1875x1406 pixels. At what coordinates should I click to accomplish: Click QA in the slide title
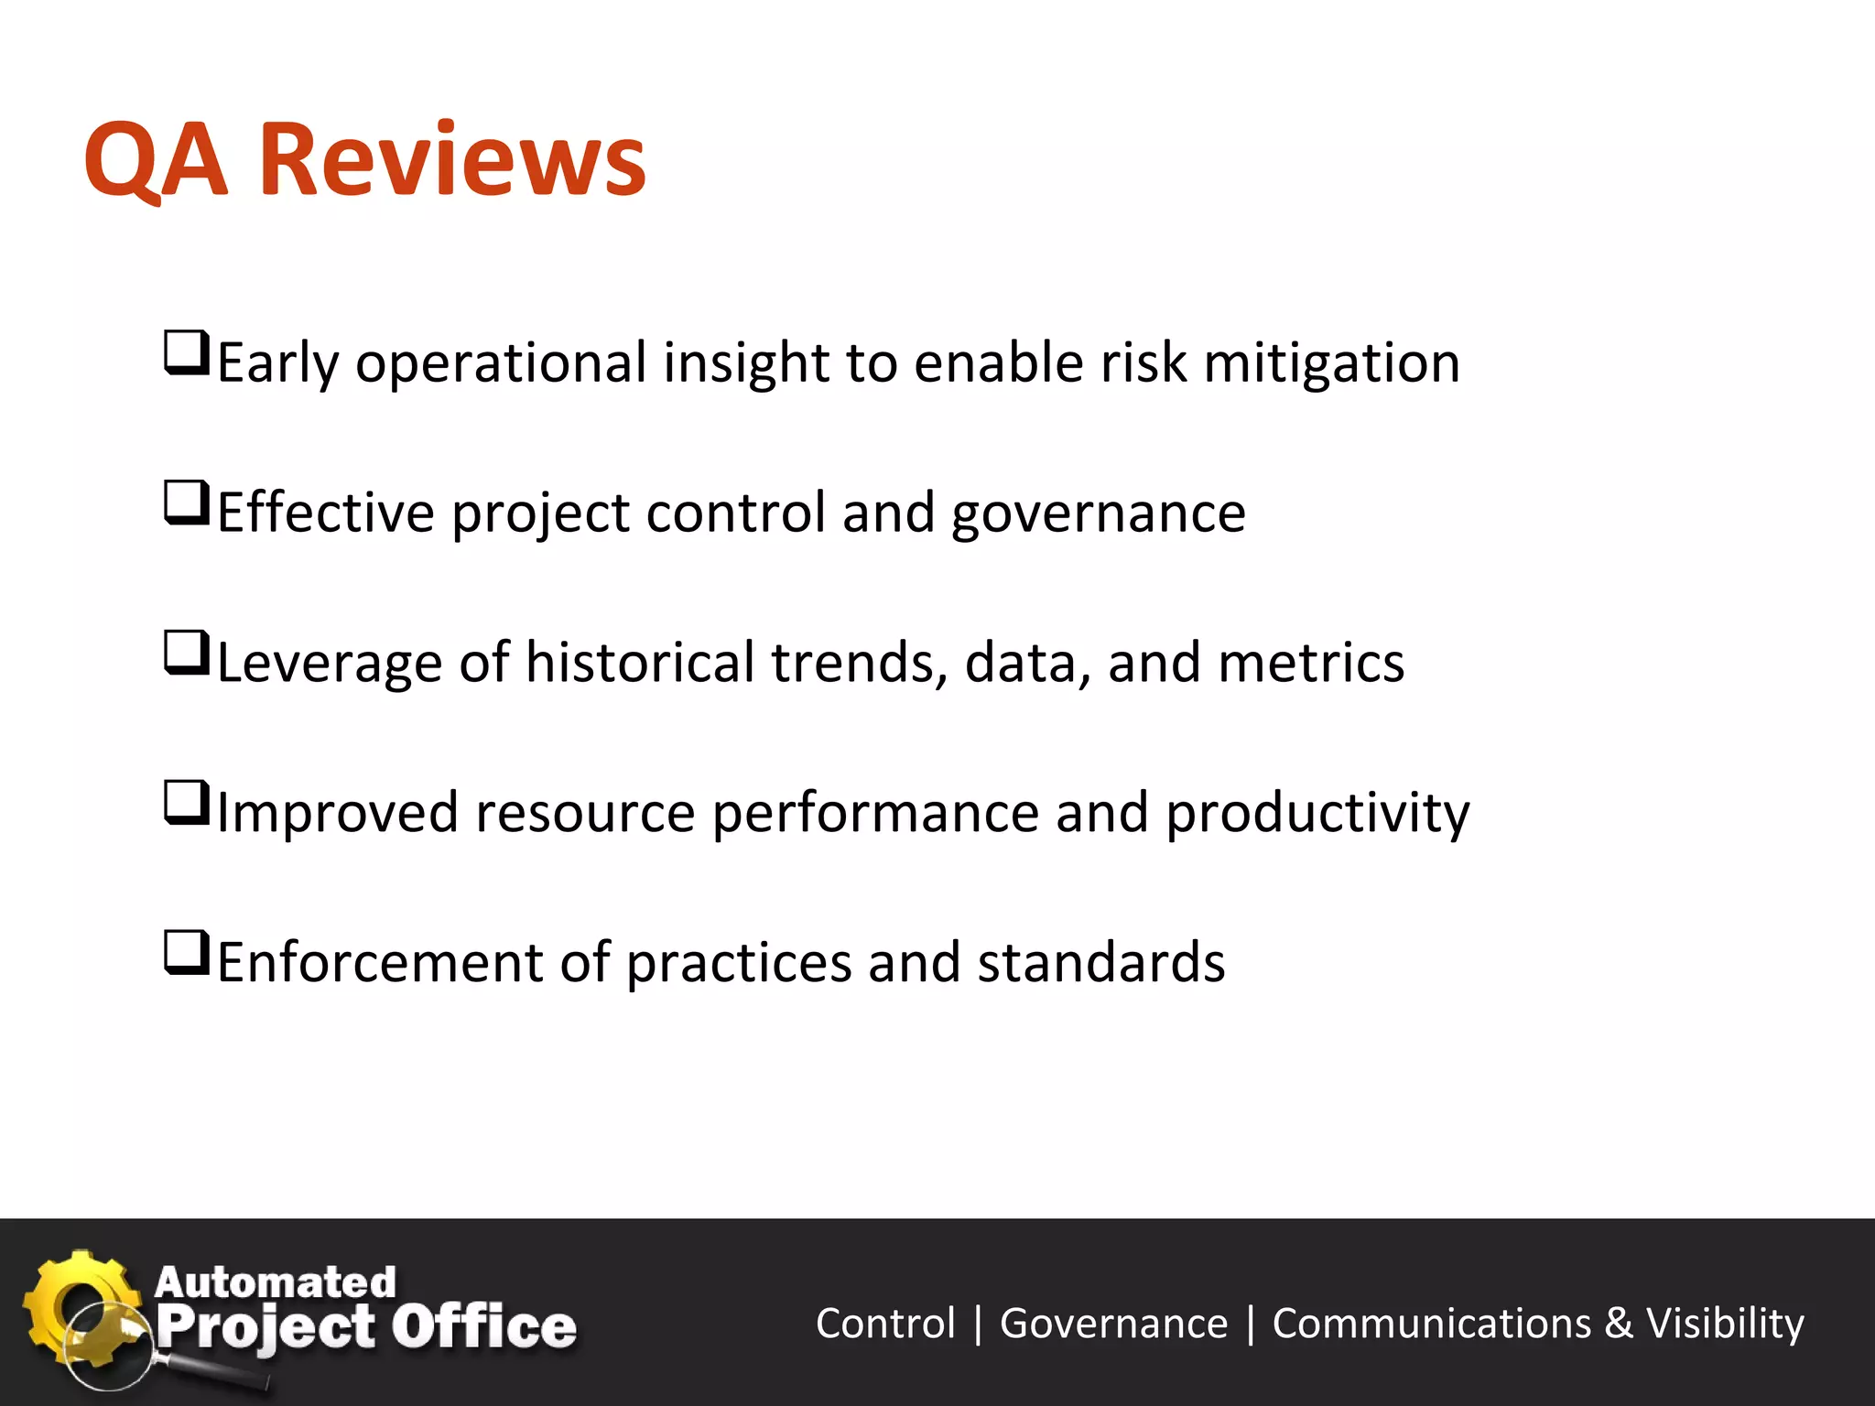pos(155,161)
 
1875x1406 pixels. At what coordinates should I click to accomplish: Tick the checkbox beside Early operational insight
pos(187,354)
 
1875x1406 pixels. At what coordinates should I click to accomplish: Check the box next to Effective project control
pos(187,504)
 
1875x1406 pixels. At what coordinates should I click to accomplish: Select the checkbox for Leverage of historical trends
pos(187,654)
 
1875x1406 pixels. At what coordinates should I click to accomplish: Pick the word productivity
pos(1317,815)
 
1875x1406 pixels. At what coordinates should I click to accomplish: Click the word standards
pos(1101,963)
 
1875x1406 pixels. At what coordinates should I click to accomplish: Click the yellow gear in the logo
pos(73,1300)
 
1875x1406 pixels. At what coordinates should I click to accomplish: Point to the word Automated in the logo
pos(276,1282)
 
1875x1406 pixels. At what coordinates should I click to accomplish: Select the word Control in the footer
pos(885,1324)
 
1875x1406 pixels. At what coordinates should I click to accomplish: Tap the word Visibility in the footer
pos(1725,1324)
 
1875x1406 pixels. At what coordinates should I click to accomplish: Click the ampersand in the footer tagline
pos(1619,1324)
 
